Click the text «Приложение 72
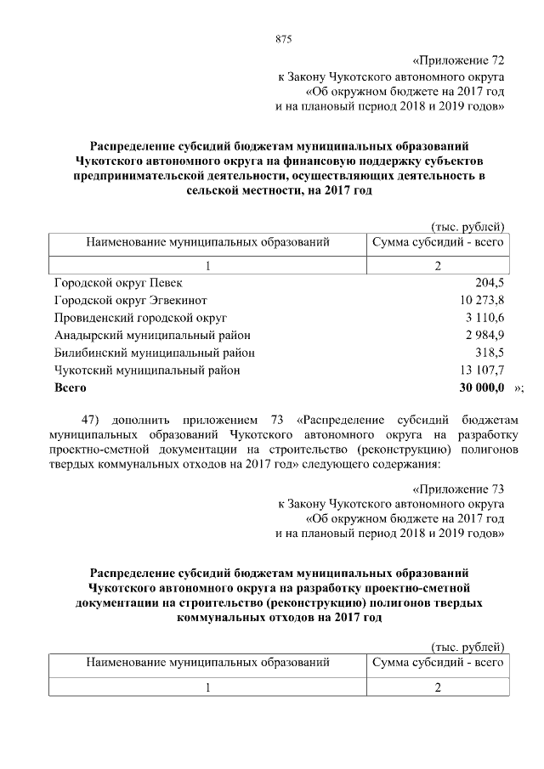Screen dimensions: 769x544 tap(459, 61)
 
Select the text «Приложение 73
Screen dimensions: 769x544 tap(459, 489)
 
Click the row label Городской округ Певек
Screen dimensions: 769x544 tap(117, 282)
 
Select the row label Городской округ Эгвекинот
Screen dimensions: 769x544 tap(130, 300)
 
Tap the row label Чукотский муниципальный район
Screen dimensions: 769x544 tap(147, 370)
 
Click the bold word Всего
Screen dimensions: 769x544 tap(71, 387)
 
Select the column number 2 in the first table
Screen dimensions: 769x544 tap(438, 266)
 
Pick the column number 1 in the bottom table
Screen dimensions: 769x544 tap(207, 687)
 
